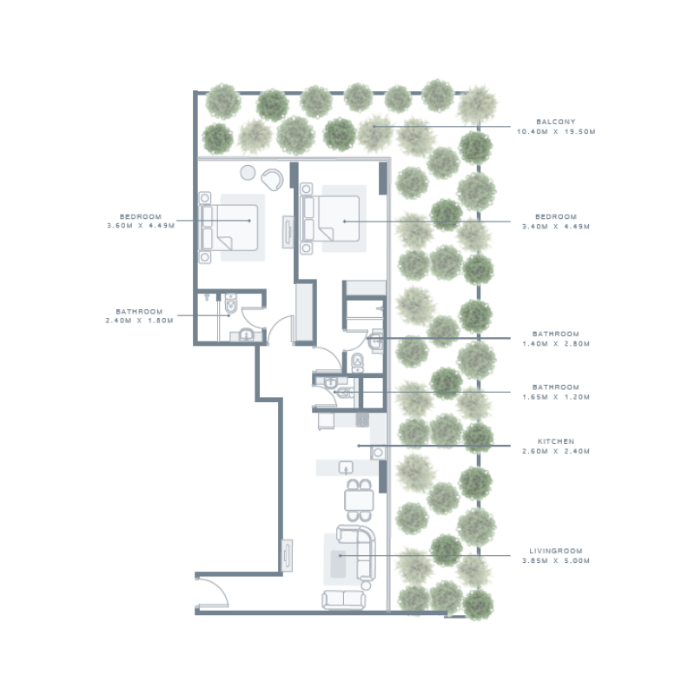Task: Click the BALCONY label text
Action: coord(555,122)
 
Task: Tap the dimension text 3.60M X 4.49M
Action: coord(139,226)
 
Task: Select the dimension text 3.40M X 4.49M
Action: coord(556,226)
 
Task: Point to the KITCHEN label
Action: coord(555,441)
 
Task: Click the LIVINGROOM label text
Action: coord(555,551)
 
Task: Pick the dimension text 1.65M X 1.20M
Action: coord(556,397)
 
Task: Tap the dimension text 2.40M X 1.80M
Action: coord(139,321)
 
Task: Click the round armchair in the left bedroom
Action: coord(272,178)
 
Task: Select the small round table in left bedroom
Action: coord(248,172)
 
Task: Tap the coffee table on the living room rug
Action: coord(340,557)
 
